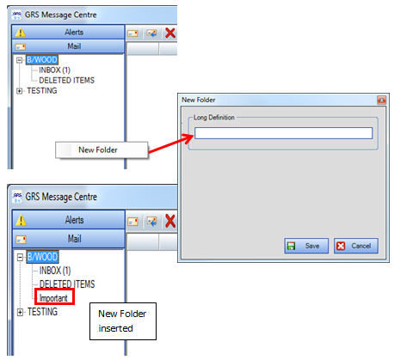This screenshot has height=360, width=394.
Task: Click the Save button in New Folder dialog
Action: click(x=306, y=246)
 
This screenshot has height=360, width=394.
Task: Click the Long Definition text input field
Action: click(x=283, y=133)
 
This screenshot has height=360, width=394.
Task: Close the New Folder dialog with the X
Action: click(x=381, y=101)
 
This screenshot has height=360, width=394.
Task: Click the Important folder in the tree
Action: click(x=53, y=298)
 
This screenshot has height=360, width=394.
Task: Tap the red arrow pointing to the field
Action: click(x=171, y=143)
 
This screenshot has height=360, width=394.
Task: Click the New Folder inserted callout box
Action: click(x=123, y=321)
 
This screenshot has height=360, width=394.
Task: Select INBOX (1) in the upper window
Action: click(x=54, y=70)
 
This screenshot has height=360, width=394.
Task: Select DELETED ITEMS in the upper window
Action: click(x=66, y=81)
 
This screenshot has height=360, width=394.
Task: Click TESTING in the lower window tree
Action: click(x=42, y=312)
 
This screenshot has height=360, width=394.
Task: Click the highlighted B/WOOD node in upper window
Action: click(x=42, y=60)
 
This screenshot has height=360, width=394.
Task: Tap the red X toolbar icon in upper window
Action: click(x=170, y=33)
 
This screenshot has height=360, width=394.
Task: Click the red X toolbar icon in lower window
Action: click(x=170, y=221)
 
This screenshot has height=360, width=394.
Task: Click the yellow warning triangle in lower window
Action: click(x=21, y=220)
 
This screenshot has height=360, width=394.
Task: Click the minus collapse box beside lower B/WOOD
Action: click(x=20, y=257)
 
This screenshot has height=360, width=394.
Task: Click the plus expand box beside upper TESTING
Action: click(x=19, y=91)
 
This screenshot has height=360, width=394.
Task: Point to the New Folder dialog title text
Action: click(x=199, y=100)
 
